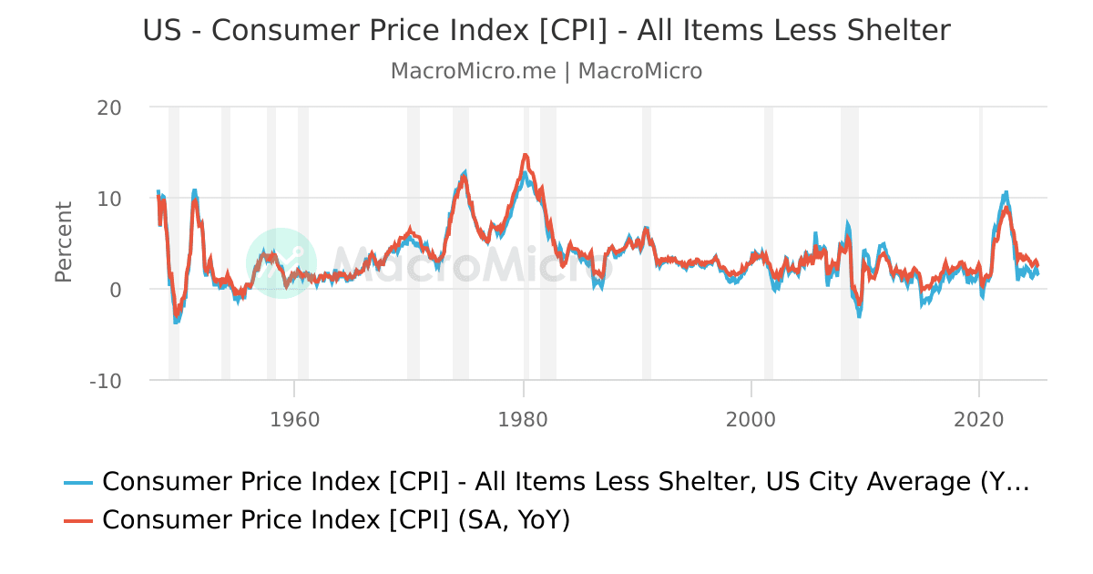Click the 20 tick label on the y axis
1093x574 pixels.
point(109,107)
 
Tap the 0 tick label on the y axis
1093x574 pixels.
point(115,289)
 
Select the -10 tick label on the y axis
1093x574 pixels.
point(106,380)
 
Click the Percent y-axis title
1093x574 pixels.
point(63,242)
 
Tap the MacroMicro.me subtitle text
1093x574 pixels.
point(473,71)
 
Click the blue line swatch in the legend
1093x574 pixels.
point(78,482)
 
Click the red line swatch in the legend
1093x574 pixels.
point(78,520)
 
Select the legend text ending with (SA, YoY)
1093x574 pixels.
point(335,520)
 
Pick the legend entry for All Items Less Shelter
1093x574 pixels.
point(565,482)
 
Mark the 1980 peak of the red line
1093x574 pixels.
point(526,156)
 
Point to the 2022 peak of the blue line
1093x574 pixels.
point(1006,192)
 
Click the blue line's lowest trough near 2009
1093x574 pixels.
point(859,315)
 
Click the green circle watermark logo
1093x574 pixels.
point(281,262)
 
